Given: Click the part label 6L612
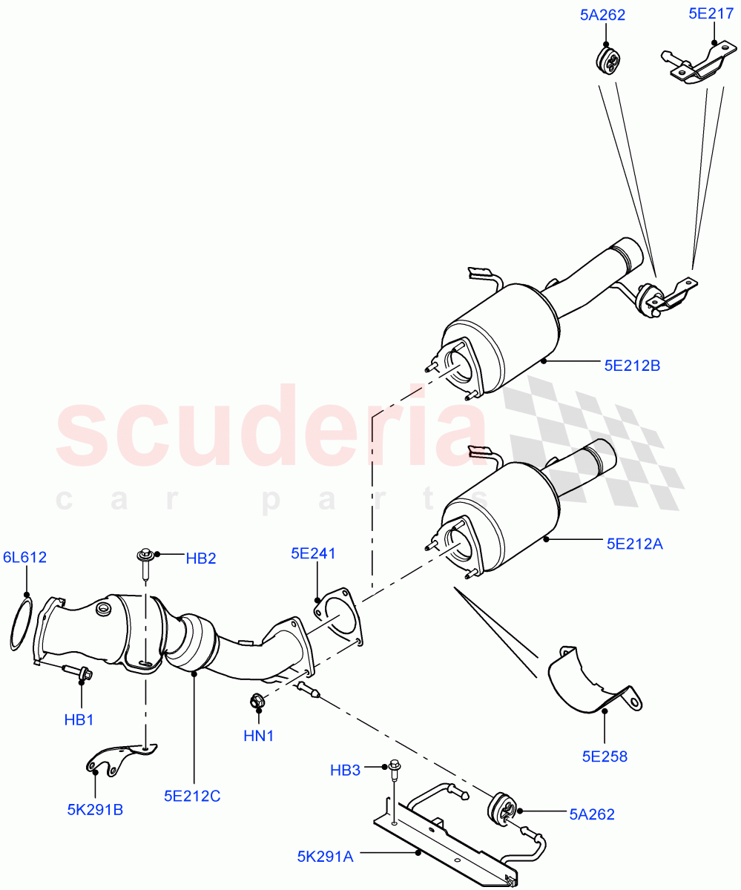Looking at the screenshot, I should coord(24,557).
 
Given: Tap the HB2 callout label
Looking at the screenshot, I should coord(201,558).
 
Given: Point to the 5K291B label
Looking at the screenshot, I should coord(95,809).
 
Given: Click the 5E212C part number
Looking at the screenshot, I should coord(192,796).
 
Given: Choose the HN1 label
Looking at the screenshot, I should coord(259,736).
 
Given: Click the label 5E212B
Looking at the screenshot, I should coord(631,365).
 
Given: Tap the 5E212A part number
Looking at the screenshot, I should coord(633,544).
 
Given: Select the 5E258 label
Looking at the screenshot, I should coord(605,756).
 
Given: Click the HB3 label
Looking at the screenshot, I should coord(346,771).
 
